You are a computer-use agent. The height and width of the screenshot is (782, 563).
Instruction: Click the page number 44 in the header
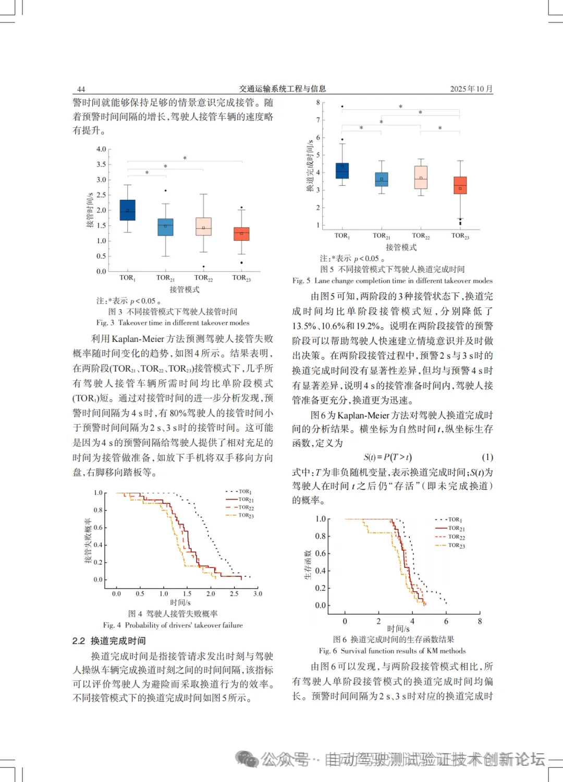coord(81,89)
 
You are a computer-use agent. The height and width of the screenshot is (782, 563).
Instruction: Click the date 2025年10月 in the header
coord(471,89)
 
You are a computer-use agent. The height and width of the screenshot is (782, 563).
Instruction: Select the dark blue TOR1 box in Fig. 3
coord(127,210)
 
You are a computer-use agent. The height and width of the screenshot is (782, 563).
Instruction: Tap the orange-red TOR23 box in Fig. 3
coord(241,234)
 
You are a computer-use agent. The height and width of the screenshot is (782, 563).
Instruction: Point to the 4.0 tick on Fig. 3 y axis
coord(101,149)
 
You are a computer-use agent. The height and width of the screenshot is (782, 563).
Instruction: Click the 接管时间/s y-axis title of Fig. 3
coord(90,210)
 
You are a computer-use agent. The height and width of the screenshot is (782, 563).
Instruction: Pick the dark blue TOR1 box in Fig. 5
coord(342,171)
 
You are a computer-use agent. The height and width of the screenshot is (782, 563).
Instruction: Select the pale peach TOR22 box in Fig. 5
coord(421,177)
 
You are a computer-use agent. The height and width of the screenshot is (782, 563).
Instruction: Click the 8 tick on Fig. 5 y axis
coord(318,103)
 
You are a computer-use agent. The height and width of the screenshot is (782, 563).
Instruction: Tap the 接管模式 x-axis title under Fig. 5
coord(401,247)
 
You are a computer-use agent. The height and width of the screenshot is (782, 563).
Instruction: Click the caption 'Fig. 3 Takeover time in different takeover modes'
coord(173,323)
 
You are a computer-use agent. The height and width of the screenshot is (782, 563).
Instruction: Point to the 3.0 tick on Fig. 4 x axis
coord(258,594)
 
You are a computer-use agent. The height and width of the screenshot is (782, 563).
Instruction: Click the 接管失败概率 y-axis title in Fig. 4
coord(88,540)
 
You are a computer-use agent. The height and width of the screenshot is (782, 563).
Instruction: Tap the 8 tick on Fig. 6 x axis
coord(480,621)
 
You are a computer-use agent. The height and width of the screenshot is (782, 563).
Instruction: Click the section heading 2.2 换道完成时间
coord(109,641)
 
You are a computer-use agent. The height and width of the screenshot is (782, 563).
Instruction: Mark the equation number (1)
coord(487,457)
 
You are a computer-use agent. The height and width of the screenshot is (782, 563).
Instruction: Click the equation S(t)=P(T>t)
coord(387,457)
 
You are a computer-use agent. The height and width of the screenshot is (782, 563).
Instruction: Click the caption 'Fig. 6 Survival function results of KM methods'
coord(392,651)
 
